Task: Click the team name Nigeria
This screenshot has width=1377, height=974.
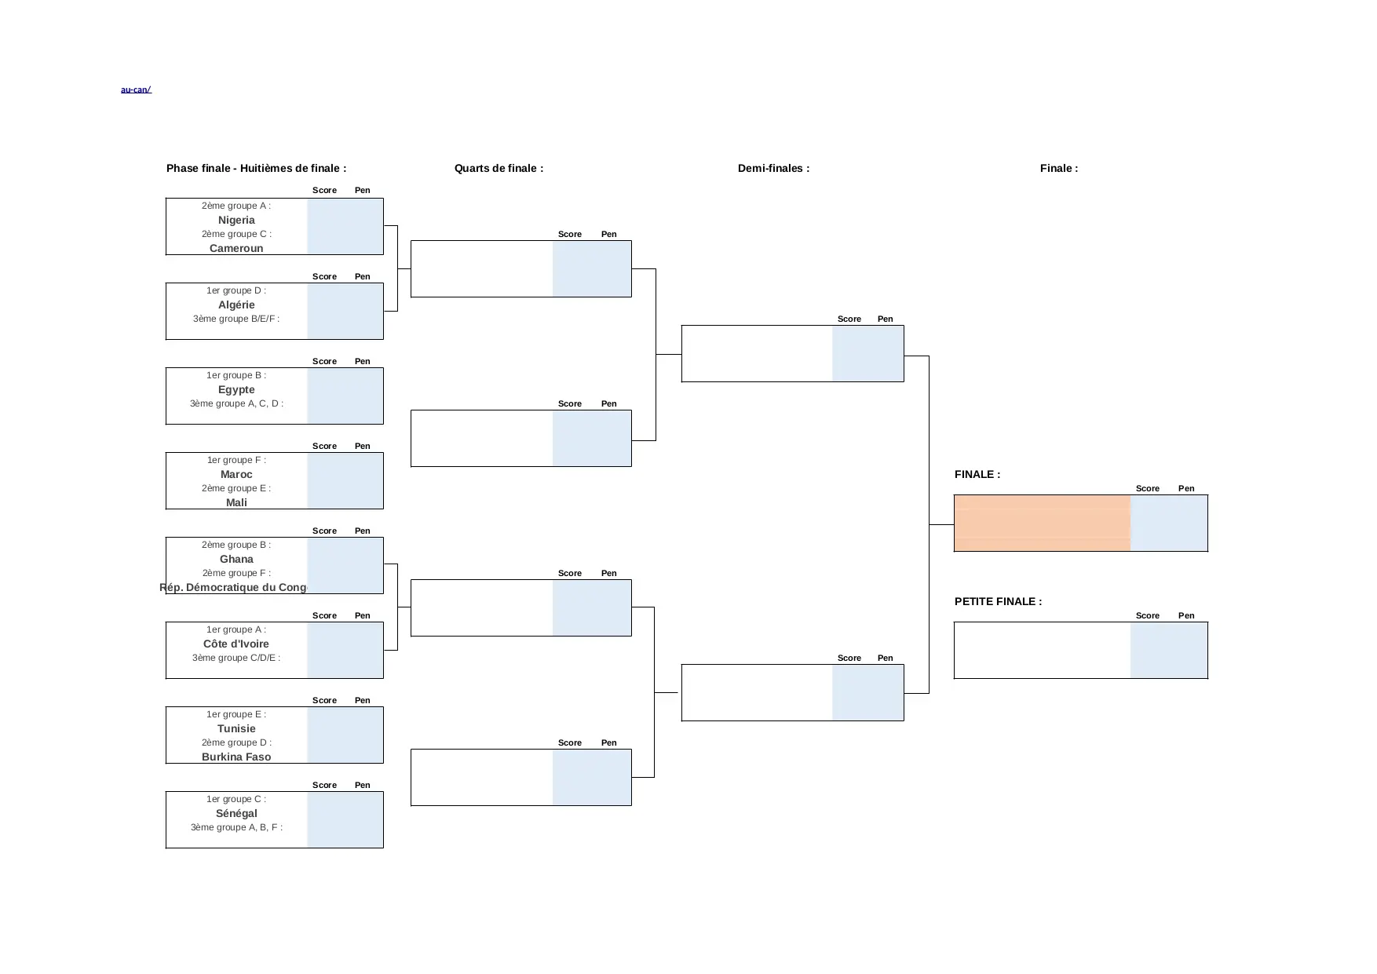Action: click(x=236, y=221)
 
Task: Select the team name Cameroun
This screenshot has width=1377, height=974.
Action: click(x=236, y=248)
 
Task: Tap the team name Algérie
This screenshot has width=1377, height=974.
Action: click(x=236, y=305)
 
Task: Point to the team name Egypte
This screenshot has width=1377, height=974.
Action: click(x=236, y=390)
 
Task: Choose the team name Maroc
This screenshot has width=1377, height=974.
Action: click(x=236, y=475)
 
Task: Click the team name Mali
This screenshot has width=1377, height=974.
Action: click(x=236, y=502)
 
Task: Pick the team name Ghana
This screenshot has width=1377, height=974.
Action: click(x=236, y=560)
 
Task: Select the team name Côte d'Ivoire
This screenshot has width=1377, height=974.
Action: click(x=236, y=644)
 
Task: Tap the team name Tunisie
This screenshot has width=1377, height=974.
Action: click(x=236, y=729)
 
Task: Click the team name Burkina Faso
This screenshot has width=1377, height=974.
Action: click(x=236, y=757)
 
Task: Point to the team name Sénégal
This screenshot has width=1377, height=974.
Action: click(x=236, y=814)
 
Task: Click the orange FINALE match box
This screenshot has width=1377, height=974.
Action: click(x=1042, y=523)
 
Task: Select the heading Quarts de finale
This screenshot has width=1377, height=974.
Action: click(x=499, y=169)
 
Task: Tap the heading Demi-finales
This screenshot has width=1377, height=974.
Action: click(x=773, y=169)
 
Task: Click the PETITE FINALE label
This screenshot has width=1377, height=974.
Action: click(x=998, y=602)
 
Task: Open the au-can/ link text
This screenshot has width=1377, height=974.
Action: click(x=136, y=90)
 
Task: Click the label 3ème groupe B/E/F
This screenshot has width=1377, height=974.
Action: click(x=236, y=319)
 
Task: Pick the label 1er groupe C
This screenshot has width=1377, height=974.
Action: click(x=236, y=800)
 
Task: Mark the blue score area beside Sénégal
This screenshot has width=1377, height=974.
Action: click(x=345, y=820)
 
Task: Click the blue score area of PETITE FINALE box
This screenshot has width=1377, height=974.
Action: click(x=1168, y=651)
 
